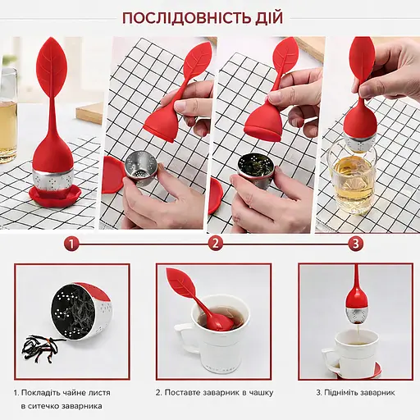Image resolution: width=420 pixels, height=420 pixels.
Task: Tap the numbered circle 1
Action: (73, 243)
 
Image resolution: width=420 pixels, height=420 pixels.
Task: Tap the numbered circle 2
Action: (216, 243)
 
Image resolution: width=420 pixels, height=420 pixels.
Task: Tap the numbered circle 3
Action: (355, 243)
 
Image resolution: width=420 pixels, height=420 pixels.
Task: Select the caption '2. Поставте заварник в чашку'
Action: (215, 392)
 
